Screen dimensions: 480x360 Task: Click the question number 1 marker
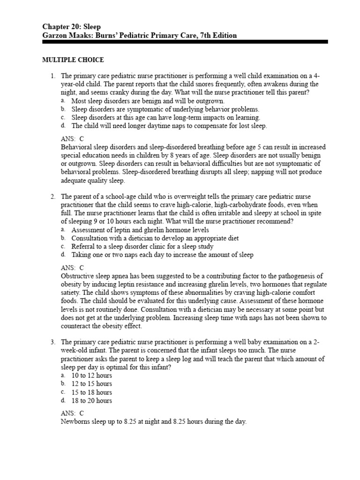coord(53,76)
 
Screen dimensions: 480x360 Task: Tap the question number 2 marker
coord(53,196)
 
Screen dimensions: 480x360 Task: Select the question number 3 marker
coord(53,342)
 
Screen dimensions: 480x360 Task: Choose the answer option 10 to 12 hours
coord(91,375)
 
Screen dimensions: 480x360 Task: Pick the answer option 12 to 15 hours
coord(91,384)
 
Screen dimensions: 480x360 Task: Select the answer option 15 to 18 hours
coord(91,392)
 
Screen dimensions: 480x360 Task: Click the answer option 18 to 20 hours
coord(91,401)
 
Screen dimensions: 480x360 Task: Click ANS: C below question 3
coord(72,413)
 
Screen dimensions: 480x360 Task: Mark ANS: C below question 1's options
coord(72,138)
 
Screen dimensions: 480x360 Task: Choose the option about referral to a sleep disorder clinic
coord(142,247)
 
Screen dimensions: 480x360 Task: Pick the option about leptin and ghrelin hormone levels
coord(140,230)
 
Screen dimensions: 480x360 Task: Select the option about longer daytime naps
coord(169,126)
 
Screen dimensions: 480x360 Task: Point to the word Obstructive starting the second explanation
coord(78,276)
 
